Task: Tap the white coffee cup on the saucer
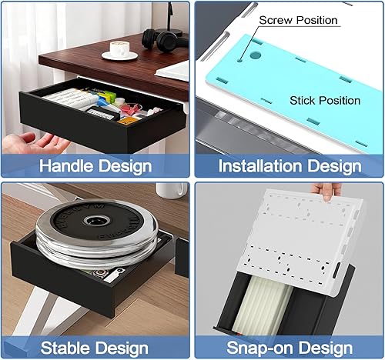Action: [x=120, y=48]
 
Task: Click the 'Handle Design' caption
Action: [x=95, y=165]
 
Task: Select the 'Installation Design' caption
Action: [x=290, y=165]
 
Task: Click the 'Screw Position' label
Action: [x=297, y=19]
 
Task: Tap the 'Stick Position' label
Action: [x=324, y=100]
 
